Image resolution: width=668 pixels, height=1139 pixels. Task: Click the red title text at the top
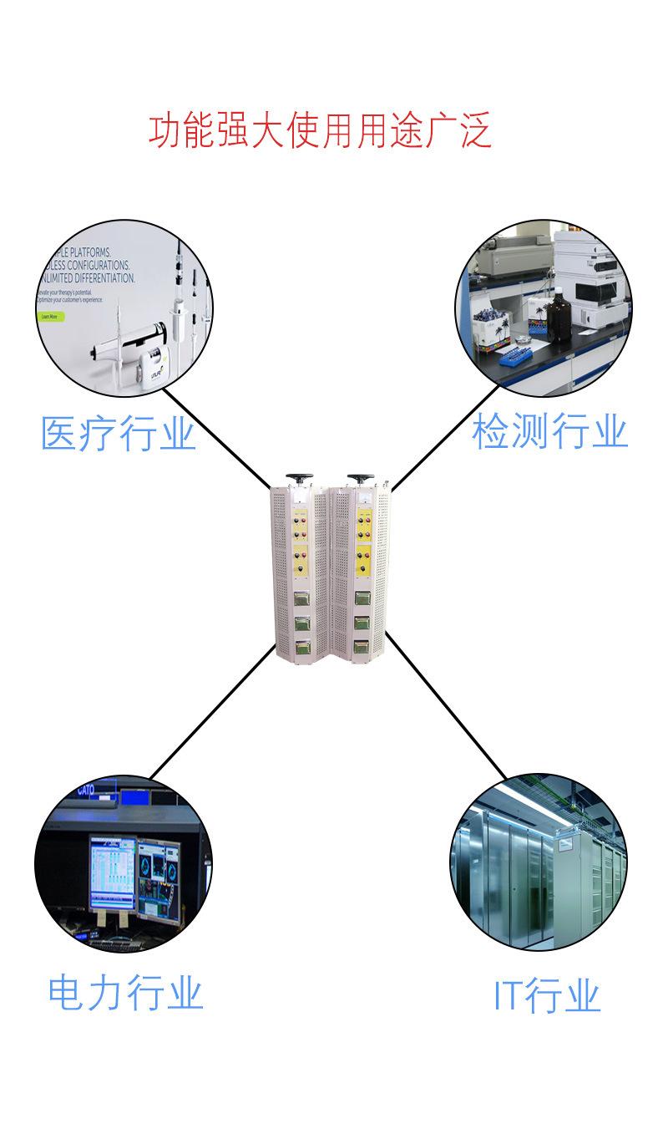tap(320, 131)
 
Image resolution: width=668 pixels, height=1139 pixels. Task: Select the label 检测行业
tap(549, 433)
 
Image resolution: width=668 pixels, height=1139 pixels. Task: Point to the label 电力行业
tap(125, 993)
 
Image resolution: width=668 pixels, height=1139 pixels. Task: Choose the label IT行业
tap(547, 995)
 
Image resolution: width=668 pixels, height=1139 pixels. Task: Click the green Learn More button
tap(49, 317)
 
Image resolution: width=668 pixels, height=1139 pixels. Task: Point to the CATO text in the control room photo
tap(86, 790)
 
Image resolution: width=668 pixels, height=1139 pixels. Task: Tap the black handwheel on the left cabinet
tap(297, 479)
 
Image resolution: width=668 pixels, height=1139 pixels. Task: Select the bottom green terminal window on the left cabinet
tap(297, 646)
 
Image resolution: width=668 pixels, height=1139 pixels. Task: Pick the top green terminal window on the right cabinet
tap(362, 597)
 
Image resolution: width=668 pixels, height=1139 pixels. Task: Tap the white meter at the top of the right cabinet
tap(364, 498)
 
